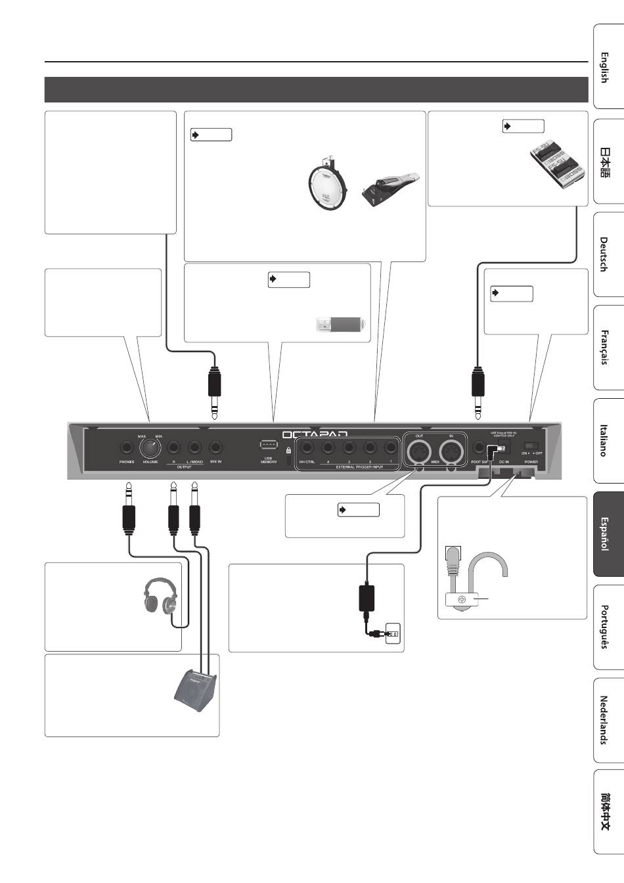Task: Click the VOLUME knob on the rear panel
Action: point(150,447)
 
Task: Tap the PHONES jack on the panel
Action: point(126,447)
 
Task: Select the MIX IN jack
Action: point(215,447)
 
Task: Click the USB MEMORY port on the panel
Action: point(267,445)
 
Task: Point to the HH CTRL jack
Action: point(306,448)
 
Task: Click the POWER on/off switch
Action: point(533,446)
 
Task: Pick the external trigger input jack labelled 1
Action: point(391,448)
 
